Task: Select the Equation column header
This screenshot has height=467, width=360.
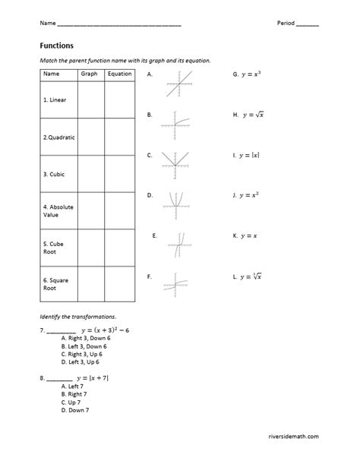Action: pyautogui.click(x=119, y=74)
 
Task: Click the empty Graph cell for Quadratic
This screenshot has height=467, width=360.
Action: pyautogui.click(x=90, y=137)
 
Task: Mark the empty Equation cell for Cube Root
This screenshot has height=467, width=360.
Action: pyautogui.click(x=119, y=248)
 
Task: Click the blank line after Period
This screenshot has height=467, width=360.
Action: pyautogui.click(x=308, y=24)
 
